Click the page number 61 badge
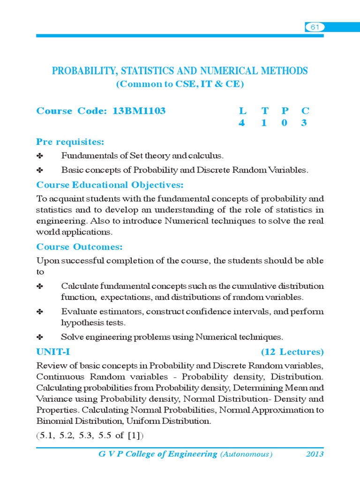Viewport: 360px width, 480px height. (x=315, y=27)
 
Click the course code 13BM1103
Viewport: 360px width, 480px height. (x=139, y=111)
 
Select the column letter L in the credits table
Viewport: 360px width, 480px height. (x=242, y=111)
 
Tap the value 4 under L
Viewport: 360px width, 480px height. (x=242, y=124)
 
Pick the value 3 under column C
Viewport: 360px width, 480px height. (x=305, y=124)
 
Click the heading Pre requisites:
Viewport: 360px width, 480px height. (x=70, y=142)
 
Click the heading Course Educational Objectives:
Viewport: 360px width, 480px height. (x=110, y=185)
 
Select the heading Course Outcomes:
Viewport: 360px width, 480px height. (x=79, y=247)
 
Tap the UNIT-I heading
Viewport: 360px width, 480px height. (x=53, y=351)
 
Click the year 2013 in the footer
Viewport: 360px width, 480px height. (x=315, y=454)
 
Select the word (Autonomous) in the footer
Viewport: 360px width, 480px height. (x=247, y=454)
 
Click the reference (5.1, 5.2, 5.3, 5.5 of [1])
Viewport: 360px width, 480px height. (x=90, y=435)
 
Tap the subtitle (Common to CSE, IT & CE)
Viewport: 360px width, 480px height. (x=180, y=84)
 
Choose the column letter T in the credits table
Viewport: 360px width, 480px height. (x=265, y=111)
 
